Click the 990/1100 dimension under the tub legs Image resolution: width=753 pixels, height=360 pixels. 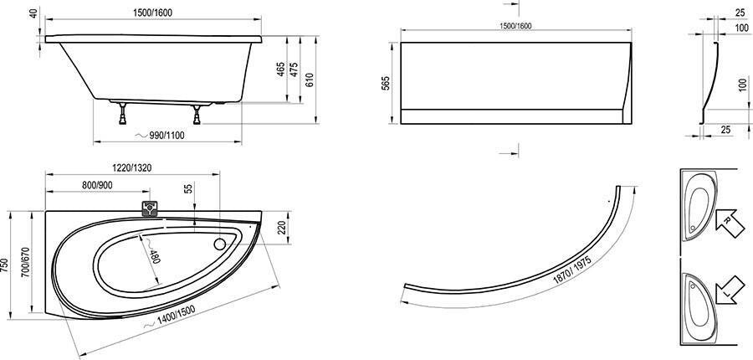pyautogui.click(x=165, y=136)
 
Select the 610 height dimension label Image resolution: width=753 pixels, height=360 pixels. pyautogui.click(x=310, y=80)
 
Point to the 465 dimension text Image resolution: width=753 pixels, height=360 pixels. pyautogui.click(x=281, y=69)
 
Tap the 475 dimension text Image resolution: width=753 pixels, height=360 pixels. pyautogui.click(x=295, y=69)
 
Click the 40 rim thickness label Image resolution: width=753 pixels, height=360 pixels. pyautogui.click(x=33, y=13)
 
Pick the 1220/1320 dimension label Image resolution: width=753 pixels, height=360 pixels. pyautogui.click(x=132, y=167)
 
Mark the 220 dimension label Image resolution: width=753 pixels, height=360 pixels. pyautogui.click(x=283, y=228)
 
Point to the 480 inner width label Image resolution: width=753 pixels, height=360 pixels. pyautogui.click(x=155, y=256)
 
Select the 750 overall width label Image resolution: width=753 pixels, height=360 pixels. pyautogui.click(x=5, y=265)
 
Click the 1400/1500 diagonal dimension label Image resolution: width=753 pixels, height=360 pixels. pyautogui.click(x=176, y=316)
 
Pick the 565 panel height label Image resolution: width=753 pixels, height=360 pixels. pyautogui.click(x=386, y=83)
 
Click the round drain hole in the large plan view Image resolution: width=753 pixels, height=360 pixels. pyautogui.click(x=220, y=244)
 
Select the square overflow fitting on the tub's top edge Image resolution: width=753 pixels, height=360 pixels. pyautogui.click(x=150, y=208)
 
